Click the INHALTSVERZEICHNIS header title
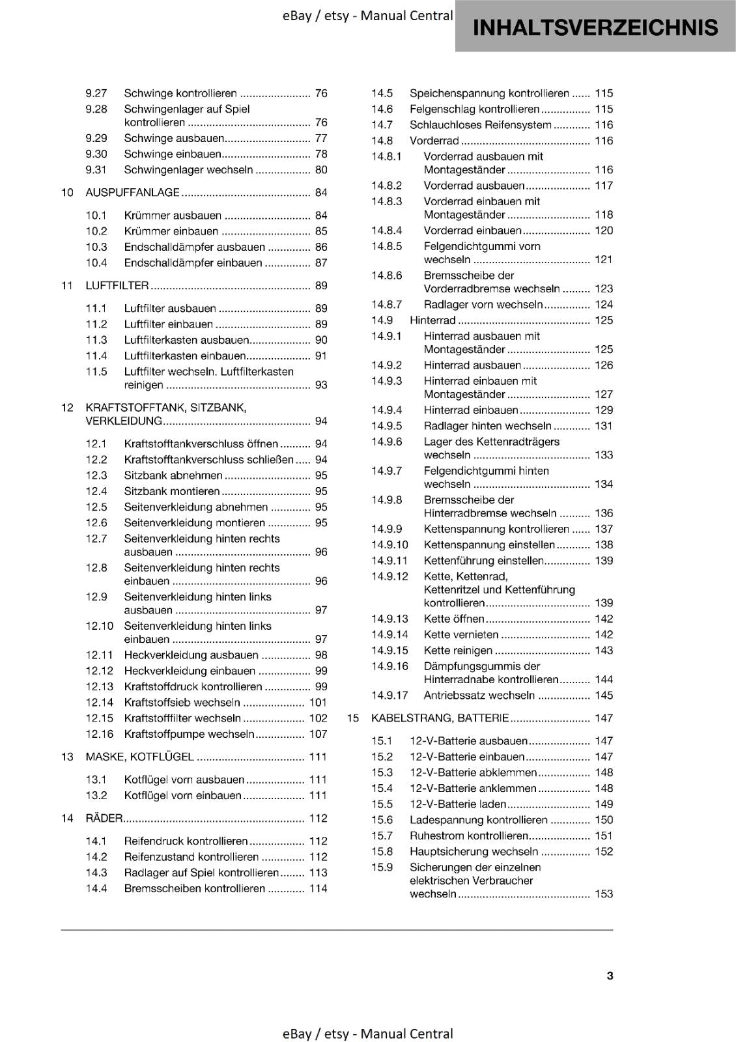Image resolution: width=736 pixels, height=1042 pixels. coord(595,27)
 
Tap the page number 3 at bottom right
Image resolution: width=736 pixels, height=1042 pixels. coord(610,976)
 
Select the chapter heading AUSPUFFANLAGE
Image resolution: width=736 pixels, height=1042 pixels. coord(132,193)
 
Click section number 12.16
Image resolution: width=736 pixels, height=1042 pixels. coord(100,734)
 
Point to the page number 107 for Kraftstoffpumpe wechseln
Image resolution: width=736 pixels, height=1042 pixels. coord(318,734)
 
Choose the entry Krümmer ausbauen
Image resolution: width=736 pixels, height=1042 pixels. coord(173,216)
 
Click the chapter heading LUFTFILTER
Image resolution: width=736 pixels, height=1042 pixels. coord(117,286)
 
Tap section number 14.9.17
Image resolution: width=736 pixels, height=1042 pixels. coord(389,696)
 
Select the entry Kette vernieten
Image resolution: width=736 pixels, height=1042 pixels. coord(461,635)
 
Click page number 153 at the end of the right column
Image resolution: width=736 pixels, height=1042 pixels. coord(604,894)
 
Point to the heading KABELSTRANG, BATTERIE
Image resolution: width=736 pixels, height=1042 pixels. coord(440,718)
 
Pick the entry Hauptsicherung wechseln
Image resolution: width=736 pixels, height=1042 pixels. coord(474,852)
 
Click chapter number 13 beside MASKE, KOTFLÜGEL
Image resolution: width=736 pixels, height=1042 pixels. coord(67,757)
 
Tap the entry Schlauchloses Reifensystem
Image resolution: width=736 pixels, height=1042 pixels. coord(480,125)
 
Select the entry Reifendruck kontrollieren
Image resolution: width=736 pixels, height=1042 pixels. coord(186,841)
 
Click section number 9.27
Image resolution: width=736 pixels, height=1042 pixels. coord(96,94)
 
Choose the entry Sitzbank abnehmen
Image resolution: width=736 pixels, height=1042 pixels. coord(173,476)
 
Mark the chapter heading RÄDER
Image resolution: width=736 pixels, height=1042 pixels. coord(104,819)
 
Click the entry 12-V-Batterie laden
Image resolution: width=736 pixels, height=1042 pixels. coord(457,804)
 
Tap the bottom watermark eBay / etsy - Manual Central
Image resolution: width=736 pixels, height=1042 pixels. coord(368,1034)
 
